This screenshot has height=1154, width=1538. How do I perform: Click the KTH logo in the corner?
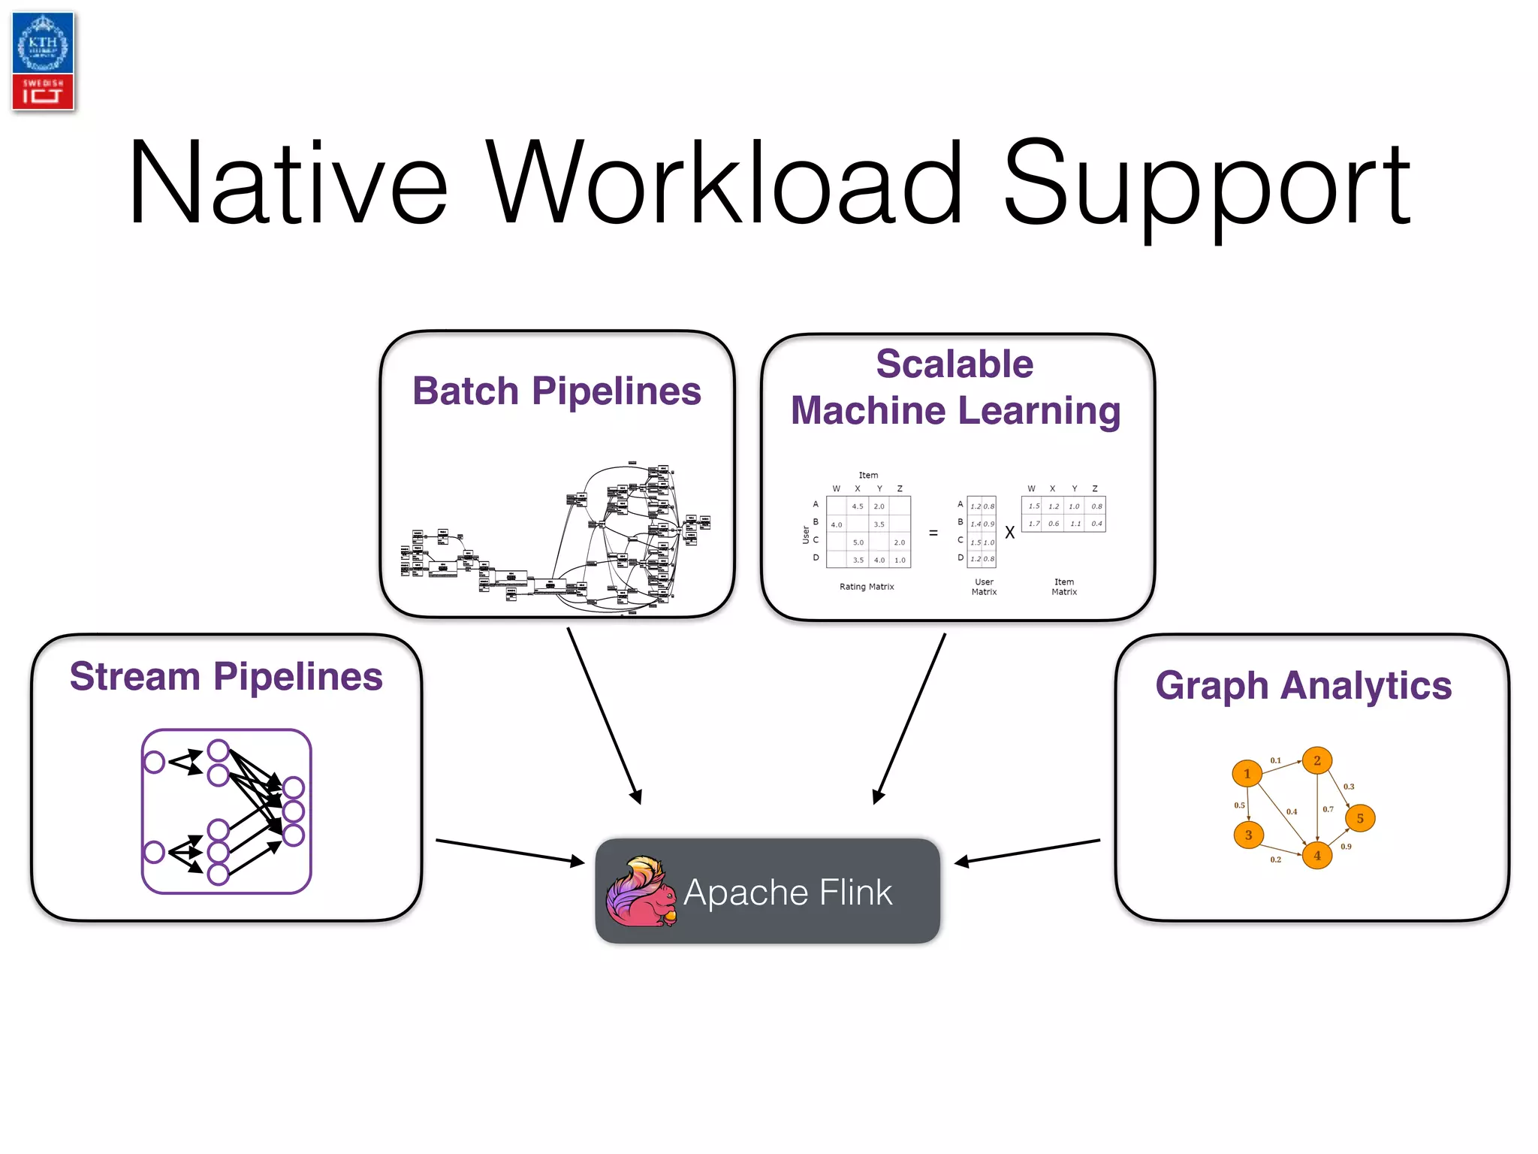pyautogui.click(x=43, y=61)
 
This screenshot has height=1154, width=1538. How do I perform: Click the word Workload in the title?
pyautogui.click(x=724, y=184)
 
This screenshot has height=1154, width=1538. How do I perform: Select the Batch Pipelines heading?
pyautogui.click(x=556, y=391)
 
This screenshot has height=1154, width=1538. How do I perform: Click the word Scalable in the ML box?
pyautogui.click(x=954, y=364)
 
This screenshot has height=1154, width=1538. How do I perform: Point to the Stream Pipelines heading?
pyautogui.click(x=226, y=676)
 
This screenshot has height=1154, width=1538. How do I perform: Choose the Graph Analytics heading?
pyautogui.click(x=1303, y=685)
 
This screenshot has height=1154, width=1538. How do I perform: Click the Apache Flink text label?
pyautogui.click(x=788, y=893)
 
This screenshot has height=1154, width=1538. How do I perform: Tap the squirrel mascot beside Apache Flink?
pyautogui.click(x=641, y=893)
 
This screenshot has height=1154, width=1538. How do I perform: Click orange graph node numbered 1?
pyautogui.click(x=1247, y=773)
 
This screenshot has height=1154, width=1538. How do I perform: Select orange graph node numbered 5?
pyautogui.click(x=1360, y=818)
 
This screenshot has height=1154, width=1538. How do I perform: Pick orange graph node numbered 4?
pyautogui.click(x=1316, y=855)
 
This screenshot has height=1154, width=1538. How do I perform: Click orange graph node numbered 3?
pyautogui.click(x=1248, y=835)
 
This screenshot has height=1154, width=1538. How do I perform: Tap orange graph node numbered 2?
pyautogui.click(x=1316, y=760)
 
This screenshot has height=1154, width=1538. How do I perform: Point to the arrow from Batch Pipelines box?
pyautogui.click(x=604, y=714)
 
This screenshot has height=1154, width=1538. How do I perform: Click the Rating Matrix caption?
pyautogui.click(x=867, y=587)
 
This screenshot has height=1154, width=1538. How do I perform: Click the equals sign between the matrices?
pyautogui.click(x=933, y=533)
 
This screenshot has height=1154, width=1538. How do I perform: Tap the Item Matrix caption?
pyautogui.click(x=1063, y=587)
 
